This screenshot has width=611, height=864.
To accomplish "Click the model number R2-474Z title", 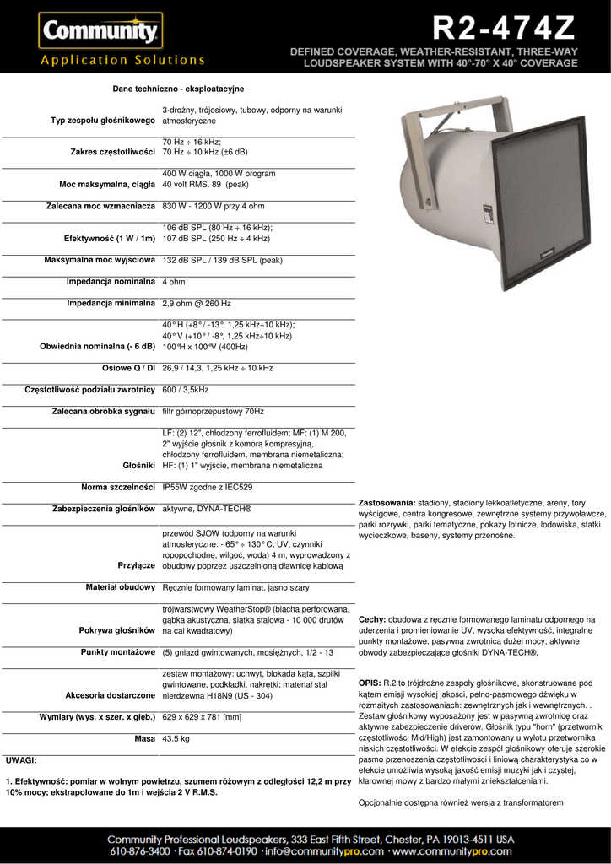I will tap(504, 30).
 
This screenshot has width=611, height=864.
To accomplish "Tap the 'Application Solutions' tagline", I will tap(123, 60).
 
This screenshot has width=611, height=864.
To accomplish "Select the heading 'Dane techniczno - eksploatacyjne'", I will tap(178, 89).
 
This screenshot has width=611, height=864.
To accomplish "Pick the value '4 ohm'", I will tap(174, 282).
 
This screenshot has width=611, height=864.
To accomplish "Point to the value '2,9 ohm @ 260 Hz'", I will tap(197, 303).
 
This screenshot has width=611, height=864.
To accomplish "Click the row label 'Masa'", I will tap(144, 738).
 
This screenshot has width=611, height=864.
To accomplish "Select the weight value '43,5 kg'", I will tap(176, 738).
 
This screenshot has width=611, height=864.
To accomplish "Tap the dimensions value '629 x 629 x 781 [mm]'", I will tap(202, 717).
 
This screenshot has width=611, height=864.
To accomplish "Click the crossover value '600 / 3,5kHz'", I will tap(186, 390).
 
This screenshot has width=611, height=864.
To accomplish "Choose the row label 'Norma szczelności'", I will tap(118, 487).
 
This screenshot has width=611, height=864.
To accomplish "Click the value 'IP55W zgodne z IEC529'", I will tap(207, 487).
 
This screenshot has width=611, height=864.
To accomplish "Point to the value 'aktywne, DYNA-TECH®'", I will tap(207, 509).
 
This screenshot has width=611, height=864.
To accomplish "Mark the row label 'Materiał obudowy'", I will tap(121, 586).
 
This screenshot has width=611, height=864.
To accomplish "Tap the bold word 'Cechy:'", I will tap(372, 618).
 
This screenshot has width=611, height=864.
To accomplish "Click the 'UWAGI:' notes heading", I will tap(21, 760).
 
